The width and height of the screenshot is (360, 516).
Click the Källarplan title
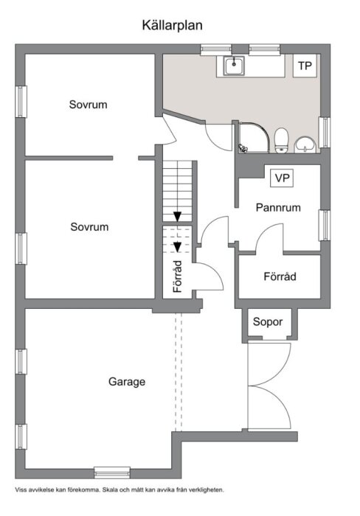click(173, 25)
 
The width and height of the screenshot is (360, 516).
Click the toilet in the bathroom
click(281, 140)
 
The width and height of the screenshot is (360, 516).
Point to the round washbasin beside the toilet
click(305, 144)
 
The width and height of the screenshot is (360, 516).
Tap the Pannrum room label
click(278, 208)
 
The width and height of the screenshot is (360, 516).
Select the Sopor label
click(268, 322)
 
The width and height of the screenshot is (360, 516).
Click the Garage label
click(127, 382)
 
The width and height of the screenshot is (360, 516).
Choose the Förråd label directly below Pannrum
click(280, 277)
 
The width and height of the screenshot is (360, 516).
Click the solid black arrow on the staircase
click(178, 215)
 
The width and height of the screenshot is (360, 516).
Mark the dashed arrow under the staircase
click(178, 247)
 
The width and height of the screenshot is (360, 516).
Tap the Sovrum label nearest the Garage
click(89, 227)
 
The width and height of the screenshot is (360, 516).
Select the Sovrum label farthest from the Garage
click(89, 105)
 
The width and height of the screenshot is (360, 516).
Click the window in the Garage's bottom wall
click(112, 472)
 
